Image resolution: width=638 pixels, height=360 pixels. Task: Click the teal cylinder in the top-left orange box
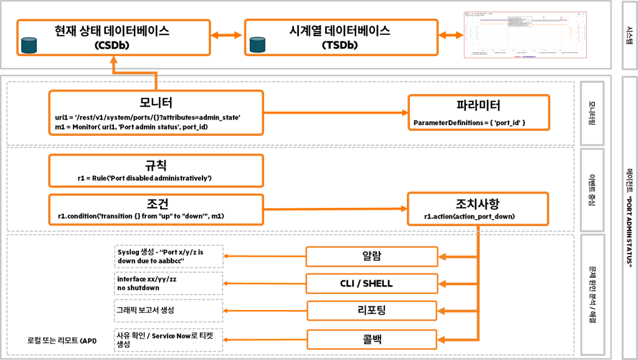pos(29,45)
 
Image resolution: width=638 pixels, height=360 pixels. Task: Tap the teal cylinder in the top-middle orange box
pos(257,44)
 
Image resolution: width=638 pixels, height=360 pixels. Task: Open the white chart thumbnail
pos(525,35)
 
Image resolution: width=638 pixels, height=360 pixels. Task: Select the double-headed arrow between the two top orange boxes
pos(227,36)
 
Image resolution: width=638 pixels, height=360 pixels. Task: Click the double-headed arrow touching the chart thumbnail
pos(451,36)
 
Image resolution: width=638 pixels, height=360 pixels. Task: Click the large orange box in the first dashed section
pos(156,113)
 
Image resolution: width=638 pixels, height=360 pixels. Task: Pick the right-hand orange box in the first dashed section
pos(478,113)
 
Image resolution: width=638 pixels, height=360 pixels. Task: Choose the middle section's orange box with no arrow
pos(156,171)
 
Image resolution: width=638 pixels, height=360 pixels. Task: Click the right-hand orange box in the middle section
pos(478,209)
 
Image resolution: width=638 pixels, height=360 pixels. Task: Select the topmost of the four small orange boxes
pos(371,257)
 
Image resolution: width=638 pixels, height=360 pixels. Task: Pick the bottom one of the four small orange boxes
pos(371,339)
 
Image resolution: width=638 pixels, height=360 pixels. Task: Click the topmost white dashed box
pos(169,256)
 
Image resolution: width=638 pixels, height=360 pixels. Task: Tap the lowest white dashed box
pos(168,340)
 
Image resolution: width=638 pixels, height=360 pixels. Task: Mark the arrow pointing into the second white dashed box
pos(264,283)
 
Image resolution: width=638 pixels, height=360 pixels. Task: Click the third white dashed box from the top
pos(168,310)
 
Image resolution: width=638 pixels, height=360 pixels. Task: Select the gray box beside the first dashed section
pos(592,113)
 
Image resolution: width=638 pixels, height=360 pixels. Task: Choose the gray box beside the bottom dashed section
pos(593,295)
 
